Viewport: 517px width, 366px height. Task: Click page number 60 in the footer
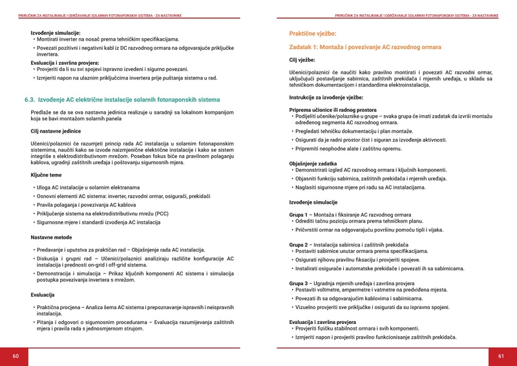[16, 356]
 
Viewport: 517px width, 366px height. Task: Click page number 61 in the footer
[501, 356]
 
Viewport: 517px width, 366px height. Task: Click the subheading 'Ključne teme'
[47, 175]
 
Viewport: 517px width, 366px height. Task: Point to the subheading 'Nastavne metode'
[52, 237]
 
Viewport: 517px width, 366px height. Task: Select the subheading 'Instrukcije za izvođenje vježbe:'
[326, 97]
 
